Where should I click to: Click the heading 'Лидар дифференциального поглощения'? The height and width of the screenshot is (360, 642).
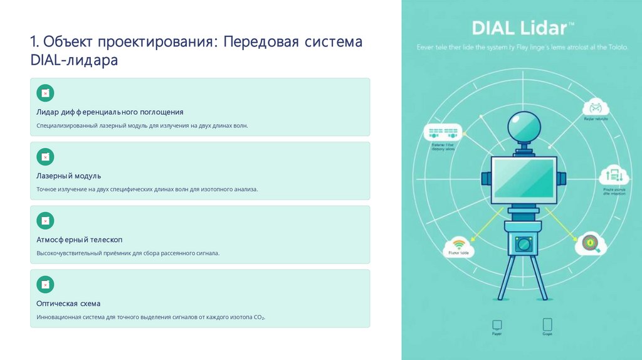(110, 112)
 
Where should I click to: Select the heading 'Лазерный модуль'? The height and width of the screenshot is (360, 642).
(68, 176)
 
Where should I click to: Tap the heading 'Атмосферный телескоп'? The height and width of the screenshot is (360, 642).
(79, 240)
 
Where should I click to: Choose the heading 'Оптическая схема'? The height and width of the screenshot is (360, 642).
(68, 304)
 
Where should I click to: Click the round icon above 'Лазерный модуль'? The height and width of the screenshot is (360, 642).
(45, 157)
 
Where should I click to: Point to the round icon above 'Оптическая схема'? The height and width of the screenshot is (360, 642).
(45, 284)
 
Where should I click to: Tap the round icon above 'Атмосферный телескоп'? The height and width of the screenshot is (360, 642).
(45, 220)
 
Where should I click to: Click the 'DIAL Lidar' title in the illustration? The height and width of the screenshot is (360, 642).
(522, 28)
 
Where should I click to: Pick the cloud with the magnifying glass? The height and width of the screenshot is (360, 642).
(590, 243)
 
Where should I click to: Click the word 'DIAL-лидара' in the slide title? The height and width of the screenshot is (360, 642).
(73, 61)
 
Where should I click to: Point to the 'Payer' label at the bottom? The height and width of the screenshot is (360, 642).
(497, 334)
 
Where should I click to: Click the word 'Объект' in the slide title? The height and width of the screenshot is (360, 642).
(65, 43)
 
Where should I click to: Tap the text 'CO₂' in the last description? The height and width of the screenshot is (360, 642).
(259, 318)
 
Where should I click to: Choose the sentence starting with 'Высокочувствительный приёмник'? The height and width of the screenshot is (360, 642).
(128, 253)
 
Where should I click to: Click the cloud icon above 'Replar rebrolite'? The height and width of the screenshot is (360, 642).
(595, 108)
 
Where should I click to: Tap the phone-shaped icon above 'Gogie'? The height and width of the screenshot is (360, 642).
(547, 324)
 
